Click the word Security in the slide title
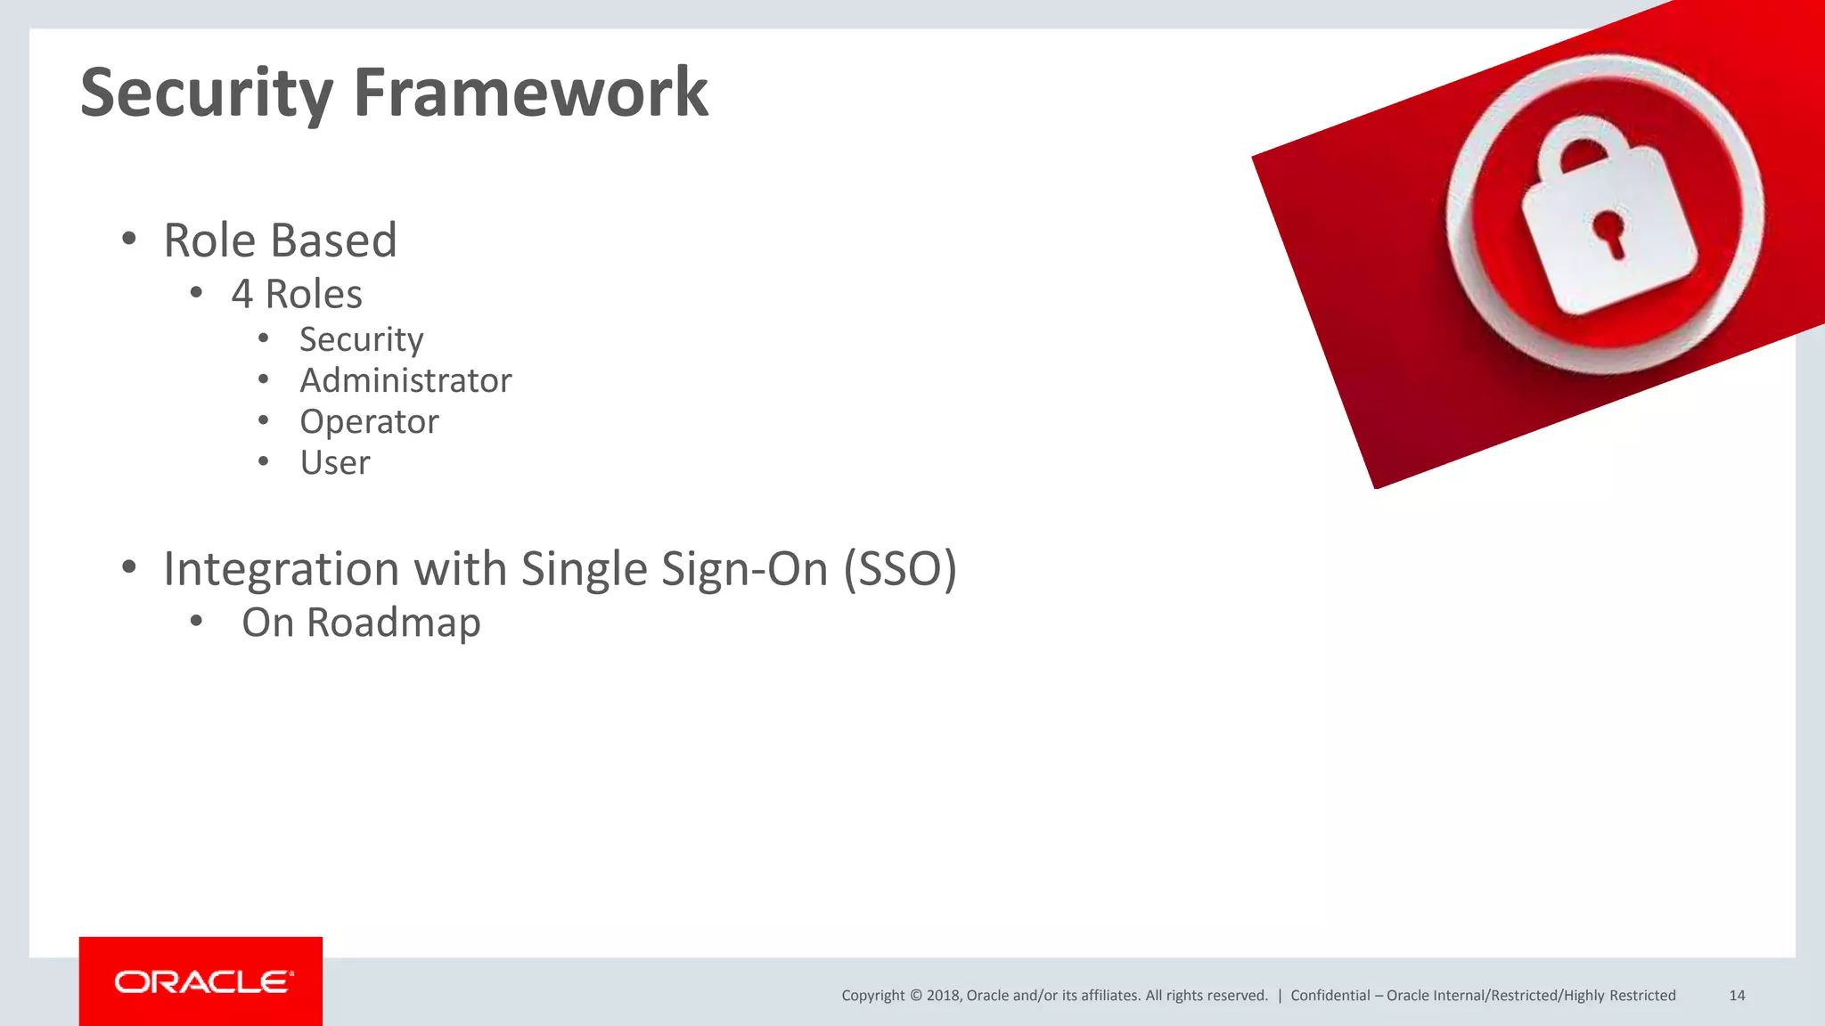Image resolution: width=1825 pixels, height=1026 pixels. pyautogui.click(x=207, y=94)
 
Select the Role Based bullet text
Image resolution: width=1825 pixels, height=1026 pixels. pyautogui.click(x=280, y=240)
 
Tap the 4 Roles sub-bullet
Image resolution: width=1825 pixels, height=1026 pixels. pyautogui.click(x=297, y=295)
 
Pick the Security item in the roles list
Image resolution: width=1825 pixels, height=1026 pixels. pyautogui.click(x=361, y=340)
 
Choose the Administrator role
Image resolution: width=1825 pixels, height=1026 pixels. pyautogui.click(x=405, y=381)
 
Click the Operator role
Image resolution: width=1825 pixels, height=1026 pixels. pyautogui.click(x=369, y=422)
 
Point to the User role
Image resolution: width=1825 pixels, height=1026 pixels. pyautogui.click(x=334, y=463)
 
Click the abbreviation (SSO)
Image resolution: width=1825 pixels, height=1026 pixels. pyautogui.click(x=900, y=569)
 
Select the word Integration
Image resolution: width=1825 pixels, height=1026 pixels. pyautogui.click(x=281, y=569)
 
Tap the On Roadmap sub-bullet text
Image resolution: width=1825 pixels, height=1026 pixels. pyautogui.click(x=361, y=623)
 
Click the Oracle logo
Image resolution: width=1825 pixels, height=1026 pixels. pyautogui.click(x=201, y=981)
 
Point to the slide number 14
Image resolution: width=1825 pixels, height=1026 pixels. pyautogui.click(x=1737, y=996)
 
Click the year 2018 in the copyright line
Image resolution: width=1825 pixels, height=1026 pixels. pyautogui.click(x=943, y=996)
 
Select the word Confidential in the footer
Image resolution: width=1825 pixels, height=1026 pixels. pyautogui.click(x=1330, y=996)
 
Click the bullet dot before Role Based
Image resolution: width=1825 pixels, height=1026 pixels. pyautogui.click(x=129, y=239)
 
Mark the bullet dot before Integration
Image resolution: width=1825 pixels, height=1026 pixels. pyautogui.click(x=129, y=567)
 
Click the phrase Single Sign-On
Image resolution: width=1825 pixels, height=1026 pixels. pyautogui.click(x=675, y=569)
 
